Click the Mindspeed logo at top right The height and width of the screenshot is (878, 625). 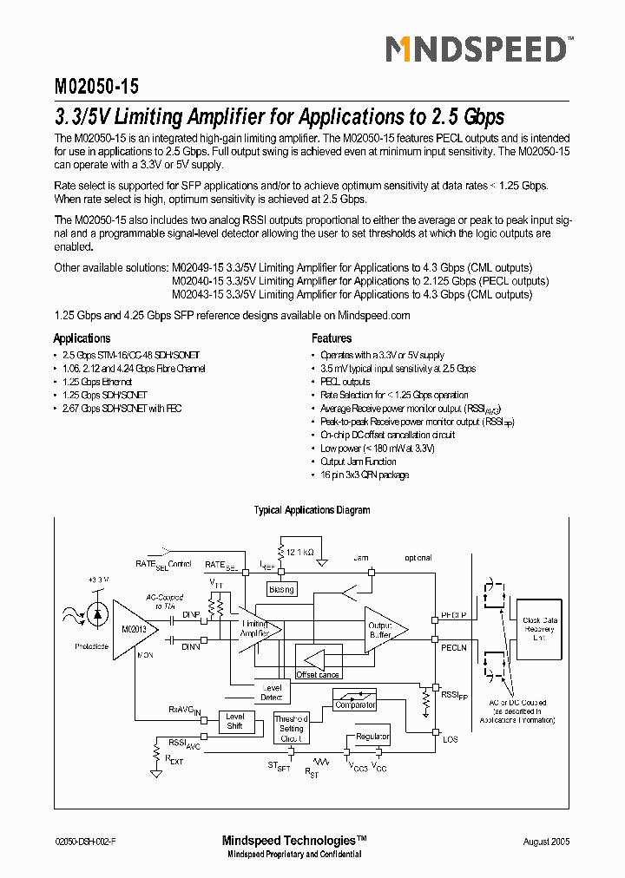coord(476,50)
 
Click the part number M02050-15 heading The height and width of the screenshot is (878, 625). coord(96,87)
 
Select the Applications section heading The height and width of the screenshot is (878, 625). coord(82,338)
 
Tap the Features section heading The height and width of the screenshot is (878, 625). coord(332,338)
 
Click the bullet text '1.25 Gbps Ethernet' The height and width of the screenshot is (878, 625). coord(97,382)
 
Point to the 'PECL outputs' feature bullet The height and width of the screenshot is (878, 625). coord(345,382)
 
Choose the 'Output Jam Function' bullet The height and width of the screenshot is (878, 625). coord(359,462)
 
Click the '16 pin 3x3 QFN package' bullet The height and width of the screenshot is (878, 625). coord(365,475)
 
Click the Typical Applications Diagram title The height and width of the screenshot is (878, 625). coord(312,510)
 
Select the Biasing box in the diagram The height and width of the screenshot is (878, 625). coord(281,589)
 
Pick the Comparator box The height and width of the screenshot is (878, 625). coord(355,704)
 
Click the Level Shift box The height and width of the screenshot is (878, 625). coord(234,721)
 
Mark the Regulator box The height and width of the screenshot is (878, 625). coord(372,737)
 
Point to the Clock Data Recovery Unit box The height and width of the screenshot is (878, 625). coord(539,629)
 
